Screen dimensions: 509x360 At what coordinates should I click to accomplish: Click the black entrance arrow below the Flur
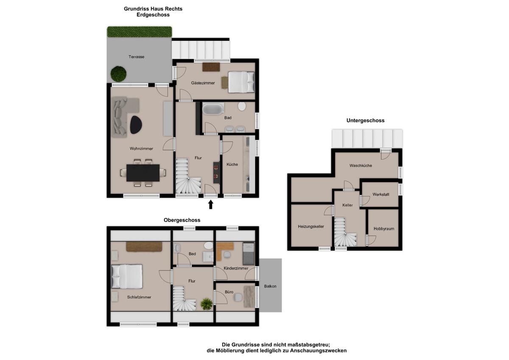click(x=211, y=204)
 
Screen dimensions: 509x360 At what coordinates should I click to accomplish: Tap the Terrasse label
click(x=136, y=57)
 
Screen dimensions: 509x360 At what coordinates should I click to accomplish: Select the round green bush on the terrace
click(x=118, y=74)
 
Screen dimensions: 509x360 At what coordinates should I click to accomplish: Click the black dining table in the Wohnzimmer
click(x=143, y=173)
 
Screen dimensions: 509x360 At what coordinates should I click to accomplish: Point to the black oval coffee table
click(x=136, y=125)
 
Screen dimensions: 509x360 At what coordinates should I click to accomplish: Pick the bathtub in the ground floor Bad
click(x=213, y=109)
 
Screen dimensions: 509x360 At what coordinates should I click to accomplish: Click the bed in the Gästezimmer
click(x=241, y=82)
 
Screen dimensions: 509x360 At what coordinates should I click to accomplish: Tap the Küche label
click(x=232, y=164)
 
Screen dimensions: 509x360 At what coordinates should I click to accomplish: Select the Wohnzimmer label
click(x=141, y=149)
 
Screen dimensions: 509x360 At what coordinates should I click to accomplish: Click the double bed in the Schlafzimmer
click(x=126, y=276)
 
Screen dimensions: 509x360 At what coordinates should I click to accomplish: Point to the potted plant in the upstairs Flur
click(x=207, y=304)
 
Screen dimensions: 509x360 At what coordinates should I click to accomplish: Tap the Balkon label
click(x=270, y=286)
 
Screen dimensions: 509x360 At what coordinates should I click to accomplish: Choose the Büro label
click(x=229, y=292)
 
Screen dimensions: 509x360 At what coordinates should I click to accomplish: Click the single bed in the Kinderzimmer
click(x=249, y=254)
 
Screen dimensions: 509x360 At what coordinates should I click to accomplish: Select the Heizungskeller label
click(x=311, y=227)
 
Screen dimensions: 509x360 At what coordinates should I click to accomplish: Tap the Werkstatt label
click(x=381, y=194)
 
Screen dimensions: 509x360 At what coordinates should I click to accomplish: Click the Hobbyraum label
click(x=384, y=229)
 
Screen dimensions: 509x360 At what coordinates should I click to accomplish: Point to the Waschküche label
click(x=361, y=166)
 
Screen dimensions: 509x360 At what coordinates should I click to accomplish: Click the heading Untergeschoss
click(x=365, y=121)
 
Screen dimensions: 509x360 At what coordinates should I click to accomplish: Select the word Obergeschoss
click(x=182, y=220)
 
